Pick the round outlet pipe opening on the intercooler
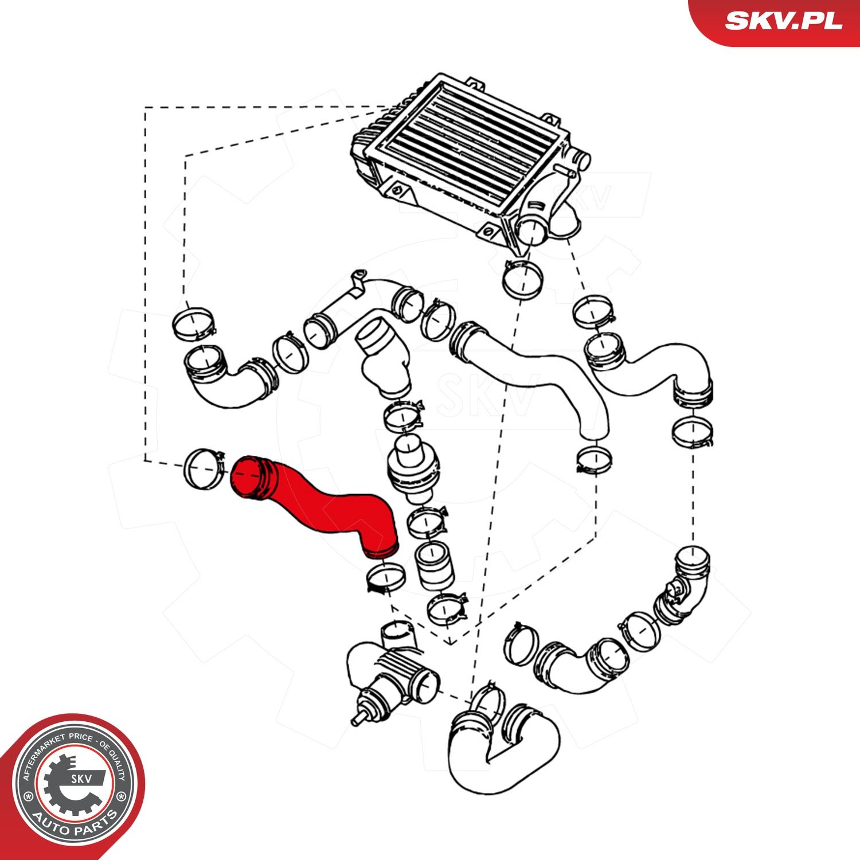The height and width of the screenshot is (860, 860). (530, 229)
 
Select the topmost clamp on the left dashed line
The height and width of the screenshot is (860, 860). (194, 324)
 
